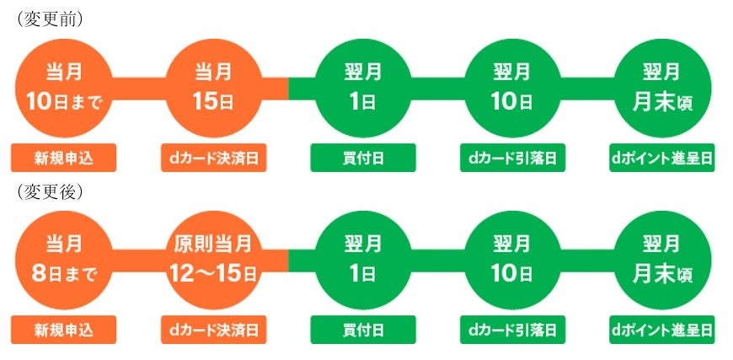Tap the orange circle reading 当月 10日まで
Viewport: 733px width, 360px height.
coord(63,88)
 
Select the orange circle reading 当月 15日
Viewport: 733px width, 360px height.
coord(214,88)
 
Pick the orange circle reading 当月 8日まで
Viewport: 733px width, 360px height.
coord(63,260)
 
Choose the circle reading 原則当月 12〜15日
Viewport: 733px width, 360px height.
coord(214,260)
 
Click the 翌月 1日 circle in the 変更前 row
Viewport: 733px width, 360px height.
coord(363,88)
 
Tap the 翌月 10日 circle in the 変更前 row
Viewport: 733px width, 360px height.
coord(512,88)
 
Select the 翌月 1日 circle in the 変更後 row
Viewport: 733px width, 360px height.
coord(363,260)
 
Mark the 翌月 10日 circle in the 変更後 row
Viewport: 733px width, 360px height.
coord(512,260)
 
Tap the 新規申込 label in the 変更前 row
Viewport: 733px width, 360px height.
coord(63,158)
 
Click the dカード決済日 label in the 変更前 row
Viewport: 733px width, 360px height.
coord(214,158)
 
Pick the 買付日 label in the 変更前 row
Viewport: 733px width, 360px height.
coord(363,158)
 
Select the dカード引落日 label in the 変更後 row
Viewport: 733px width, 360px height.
coord(512,330)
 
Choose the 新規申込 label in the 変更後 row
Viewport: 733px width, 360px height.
coord(63,330)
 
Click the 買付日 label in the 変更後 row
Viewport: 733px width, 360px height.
coord(363,330)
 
